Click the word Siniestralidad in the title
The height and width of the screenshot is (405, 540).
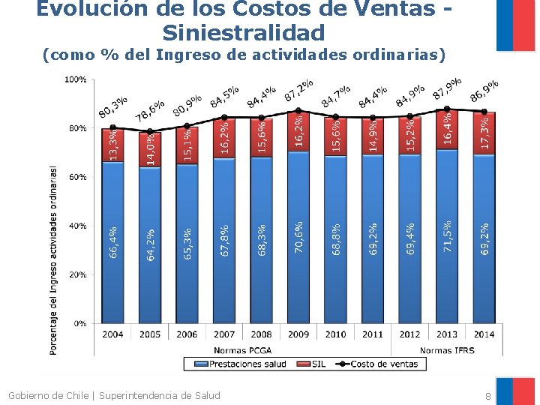[x=244, y=33]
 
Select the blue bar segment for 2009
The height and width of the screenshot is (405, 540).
[x=298, y=237]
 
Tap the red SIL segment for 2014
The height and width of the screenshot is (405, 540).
[x=484, y=133]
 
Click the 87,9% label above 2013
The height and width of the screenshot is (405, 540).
[x=447, y=88]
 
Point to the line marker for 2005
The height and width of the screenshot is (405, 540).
[x=150, y=131]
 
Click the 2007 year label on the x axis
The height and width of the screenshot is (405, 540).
[x=224, y=334]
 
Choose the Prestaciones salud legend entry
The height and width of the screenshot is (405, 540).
[x=241, y=364]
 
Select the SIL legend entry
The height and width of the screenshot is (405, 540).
[x=311, y=364]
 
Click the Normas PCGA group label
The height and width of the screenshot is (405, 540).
[x=243, y=350]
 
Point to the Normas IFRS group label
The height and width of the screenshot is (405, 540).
[x=447, y=350]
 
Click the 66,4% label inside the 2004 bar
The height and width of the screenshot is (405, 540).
[x=113, y=242]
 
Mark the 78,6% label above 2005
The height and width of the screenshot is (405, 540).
[x=149, y=111]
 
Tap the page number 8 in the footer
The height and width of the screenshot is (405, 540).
[x=487, y=396]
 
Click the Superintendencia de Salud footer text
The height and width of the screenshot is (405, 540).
[x=160, y=395]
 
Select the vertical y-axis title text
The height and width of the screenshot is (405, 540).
[x=52, y=261]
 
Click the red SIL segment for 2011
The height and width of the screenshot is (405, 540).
[x=373, y=136]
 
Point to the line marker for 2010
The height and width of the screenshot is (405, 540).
[x=336, y=117]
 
